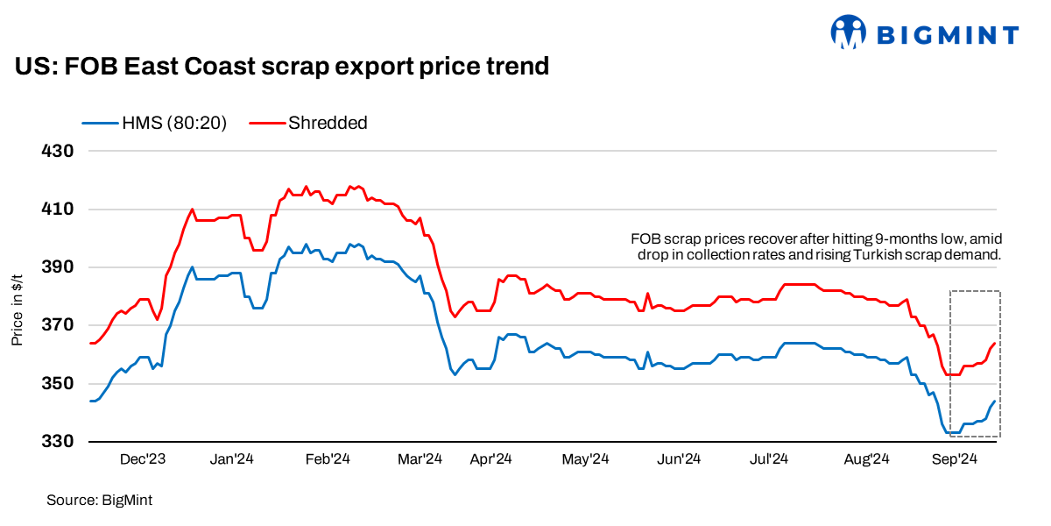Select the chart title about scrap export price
pyautogui.click(x=281, y=66)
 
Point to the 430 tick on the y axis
pyautogui.click(x=57, y=151)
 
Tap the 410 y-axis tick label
pyautogui.click(x=57, y=209)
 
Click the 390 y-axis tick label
pyautogui.click(x=57, y=267)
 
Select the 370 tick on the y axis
pyautogui.click(x=57, y=325)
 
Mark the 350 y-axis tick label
pyautogui.click(x=57, y=383)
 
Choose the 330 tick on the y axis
pyautogui.click(x=57, y=442)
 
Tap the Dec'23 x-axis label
pyautogui.click(x=143, y=458)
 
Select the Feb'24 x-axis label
pyautogui.click(x=328, y=458)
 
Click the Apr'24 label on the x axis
pyautogui.click(x=490, y=458)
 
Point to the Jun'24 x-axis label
pyautogui.click(x=679, y=458)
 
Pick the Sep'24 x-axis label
pyautogui.click(x=955, y=458)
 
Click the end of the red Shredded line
pyautogui.click(x=994, y=343)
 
